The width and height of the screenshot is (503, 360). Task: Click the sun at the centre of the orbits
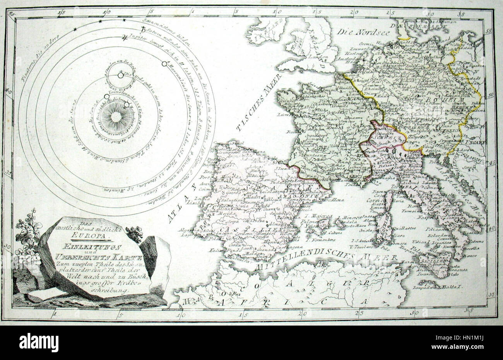coord(115,116)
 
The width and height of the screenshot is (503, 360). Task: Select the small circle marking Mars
coord(164,63)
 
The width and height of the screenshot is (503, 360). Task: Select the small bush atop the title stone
coord(134,234)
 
